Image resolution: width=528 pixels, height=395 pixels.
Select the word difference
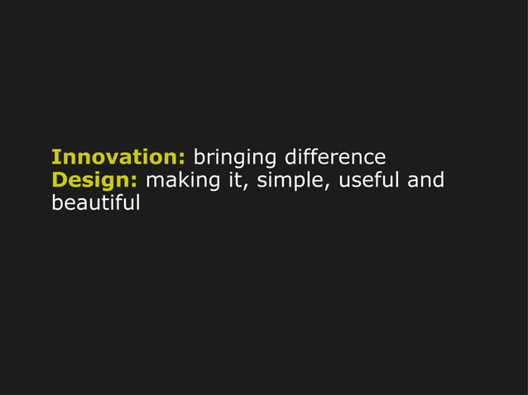[x=334, y=157]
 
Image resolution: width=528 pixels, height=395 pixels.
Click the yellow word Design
[x=92, y=181]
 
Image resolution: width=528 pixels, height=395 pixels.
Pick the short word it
[x=238, y=180]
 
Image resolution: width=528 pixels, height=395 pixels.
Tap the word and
[x=425, y=180]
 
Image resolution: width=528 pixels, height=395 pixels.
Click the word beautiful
[x=95, y=202]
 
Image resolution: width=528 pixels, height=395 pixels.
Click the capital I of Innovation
[x=55, y=157]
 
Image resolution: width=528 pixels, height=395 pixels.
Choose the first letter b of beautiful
[x=57, y=202]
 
